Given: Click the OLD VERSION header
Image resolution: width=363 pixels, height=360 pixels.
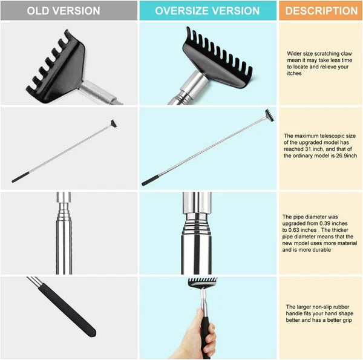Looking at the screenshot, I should point(68,11).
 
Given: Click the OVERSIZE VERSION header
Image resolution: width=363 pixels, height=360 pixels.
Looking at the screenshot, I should point(208,11).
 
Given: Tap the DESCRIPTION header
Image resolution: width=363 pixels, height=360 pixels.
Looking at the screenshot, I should point(321,11).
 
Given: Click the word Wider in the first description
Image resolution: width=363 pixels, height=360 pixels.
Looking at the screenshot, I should point(295,54).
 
